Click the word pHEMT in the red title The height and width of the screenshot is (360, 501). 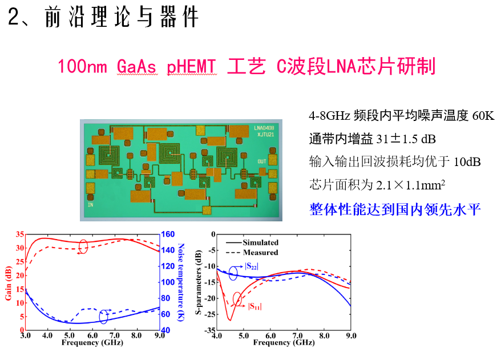(x=192, y=67)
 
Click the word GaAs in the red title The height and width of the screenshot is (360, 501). (x=136, y=67)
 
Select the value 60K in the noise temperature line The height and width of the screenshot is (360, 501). (x=483, y=116)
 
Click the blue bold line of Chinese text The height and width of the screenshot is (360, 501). (x=395, y=209)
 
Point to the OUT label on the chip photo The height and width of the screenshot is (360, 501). (x=262, y=161)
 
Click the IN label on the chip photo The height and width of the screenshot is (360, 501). (x=90, y=204)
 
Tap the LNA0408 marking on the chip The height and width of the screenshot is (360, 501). (x=264, y=128)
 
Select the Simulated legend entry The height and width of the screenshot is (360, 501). (x=260, y=242)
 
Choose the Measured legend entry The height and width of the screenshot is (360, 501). (x=260, y=252)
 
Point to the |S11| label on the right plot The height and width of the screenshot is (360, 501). (x=254, y=306)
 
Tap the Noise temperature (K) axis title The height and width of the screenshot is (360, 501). (x=180, y=282)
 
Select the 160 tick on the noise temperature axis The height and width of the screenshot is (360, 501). (x=168, y=234)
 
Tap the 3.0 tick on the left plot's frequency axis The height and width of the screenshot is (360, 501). (x=25, y=336)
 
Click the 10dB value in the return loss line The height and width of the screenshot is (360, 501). (x=467, y=162)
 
